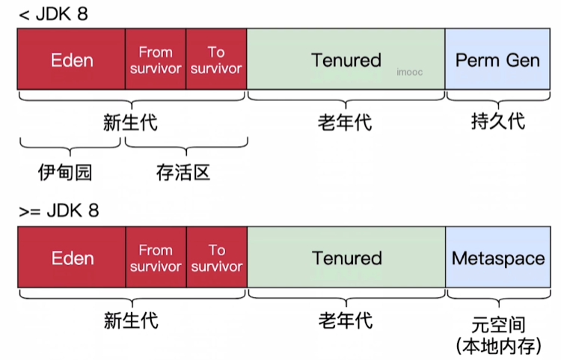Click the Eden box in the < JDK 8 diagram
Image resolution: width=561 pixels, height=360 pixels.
72,61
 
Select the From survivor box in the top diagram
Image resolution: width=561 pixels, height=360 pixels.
156,61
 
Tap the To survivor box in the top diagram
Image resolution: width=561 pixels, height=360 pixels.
216,61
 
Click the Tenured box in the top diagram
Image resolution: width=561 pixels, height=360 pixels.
346,61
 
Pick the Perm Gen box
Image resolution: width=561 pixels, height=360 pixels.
497,61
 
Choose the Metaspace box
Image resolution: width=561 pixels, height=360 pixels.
498,258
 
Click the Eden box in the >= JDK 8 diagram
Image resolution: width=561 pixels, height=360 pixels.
72,258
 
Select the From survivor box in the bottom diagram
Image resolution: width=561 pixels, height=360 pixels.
156,258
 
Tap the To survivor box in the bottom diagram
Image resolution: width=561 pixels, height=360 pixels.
216,258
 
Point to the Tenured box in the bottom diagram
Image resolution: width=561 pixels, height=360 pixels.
346,258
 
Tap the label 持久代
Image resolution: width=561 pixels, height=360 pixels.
497,121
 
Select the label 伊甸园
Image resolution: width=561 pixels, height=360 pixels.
65,173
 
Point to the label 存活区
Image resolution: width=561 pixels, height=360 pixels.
183,173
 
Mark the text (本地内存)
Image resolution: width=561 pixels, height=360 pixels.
499,346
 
